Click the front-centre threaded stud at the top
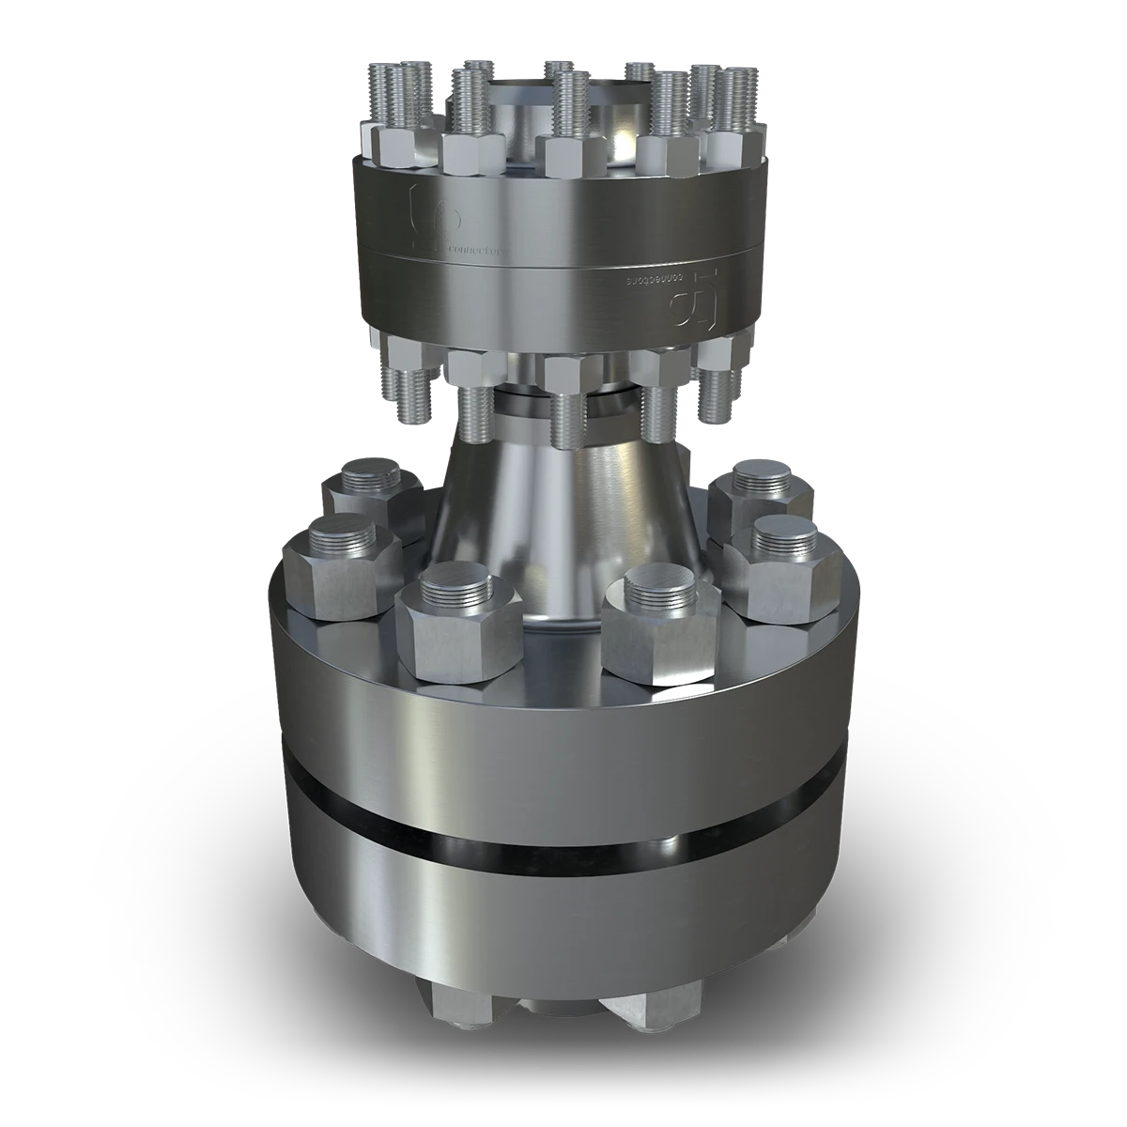pos(569,103)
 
